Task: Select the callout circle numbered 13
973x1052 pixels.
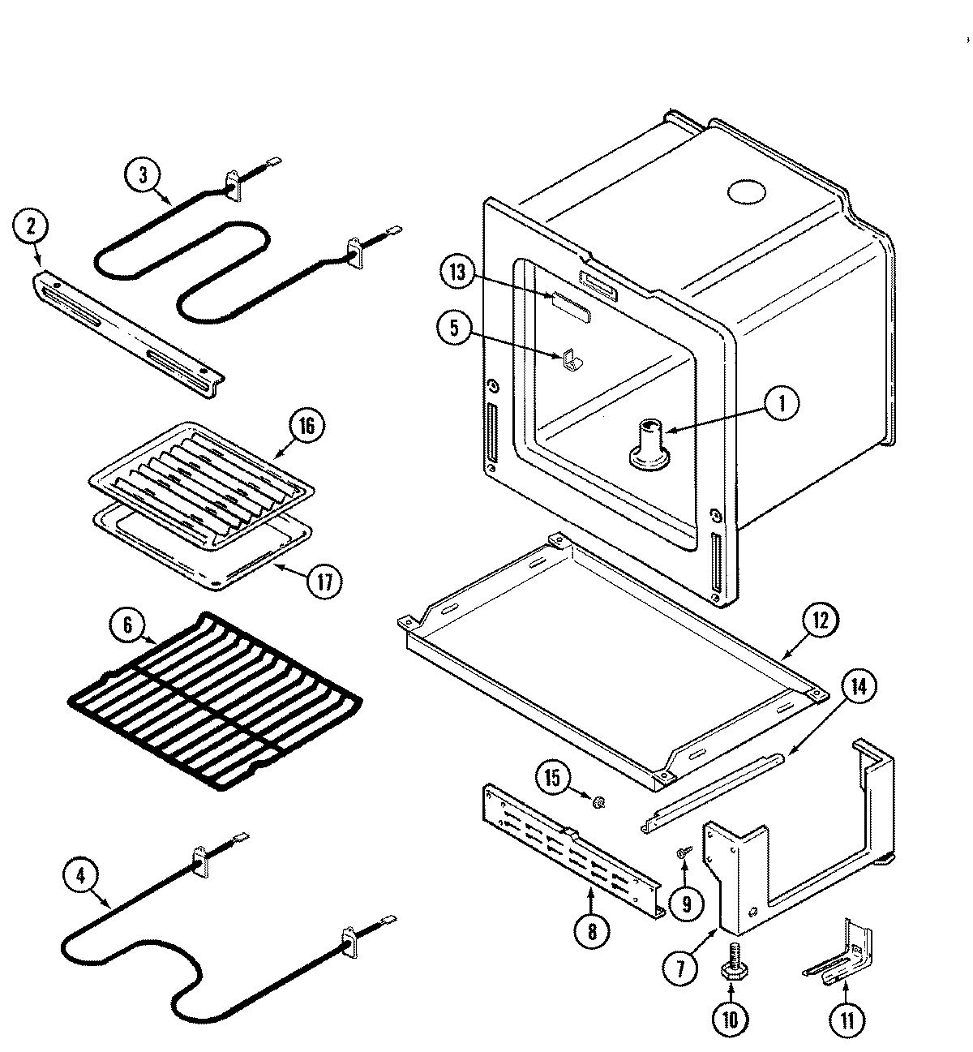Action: pos(459,272)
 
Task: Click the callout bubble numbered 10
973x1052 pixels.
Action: pos(731,1020)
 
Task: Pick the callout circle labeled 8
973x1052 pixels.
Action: pos(592,932)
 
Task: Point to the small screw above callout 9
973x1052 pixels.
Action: pos(684,852)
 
